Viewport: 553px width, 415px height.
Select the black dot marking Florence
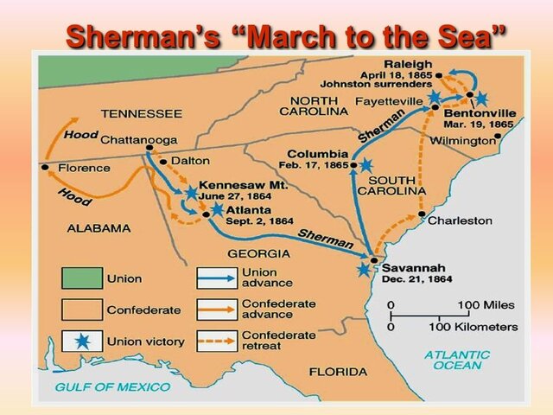click(44, 167)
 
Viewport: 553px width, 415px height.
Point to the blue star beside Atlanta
click(217, 209)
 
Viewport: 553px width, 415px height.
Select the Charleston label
click(460, 220)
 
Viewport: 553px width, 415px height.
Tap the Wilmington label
click(465, 140)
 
